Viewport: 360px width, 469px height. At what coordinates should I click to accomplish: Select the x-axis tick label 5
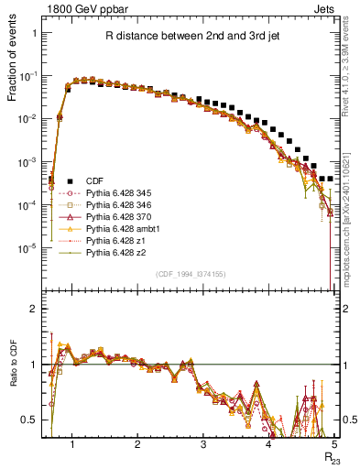point(334,444)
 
